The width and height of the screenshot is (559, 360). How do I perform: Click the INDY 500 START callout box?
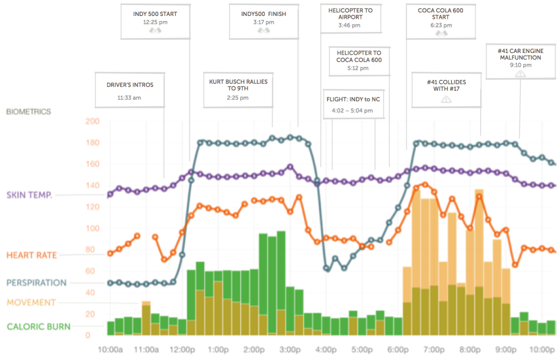point(155,21)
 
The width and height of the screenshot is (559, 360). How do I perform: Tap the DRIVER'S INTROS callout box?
point(129,90)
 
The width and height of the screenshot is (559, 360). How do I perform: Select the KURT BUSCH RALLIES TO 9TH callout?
point(238,90)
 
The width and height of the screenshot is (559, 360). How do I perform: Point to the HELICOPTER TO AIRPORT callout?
point(350,17)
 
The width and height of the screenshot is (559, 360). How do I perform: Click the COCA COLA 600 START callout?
point(440,21)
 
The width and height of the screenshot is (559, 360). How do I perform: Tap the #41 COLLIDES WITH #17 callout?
point(446,90)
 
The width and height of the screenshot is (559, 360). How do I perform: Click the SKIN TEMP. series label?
point(30,195)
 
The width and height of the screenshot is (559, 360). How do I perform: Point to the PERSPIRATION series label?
point(37,282)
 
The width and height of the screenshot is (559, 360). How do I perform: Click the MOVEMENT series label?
point(31,302)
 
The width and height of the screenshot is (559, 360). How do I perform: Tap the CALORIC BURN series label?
point(39,327)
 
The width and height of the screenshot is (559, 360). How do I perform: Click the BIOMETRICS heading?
point(29,112)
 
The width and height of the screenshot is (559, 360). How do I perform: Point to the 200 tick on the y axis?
point(92,122)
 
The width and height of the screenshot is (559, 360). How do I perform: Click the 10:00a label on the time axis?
point(111,349)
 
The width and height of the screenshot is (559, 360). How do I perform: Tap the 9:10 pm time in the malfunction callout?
point(520,65)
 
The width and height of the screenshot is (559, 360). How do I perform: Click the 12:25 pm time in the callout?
point(155,22)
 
